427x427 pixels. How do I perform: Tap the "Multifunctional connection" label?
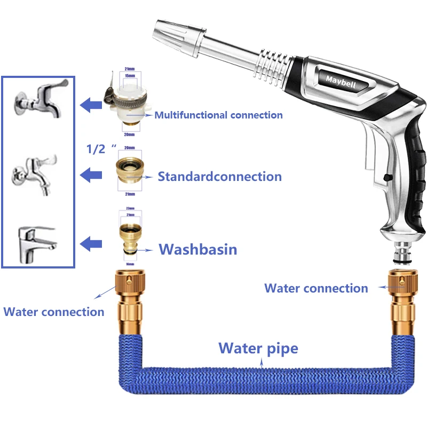[218, 115]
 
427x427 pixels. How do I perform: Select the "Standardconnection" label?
[219, 176]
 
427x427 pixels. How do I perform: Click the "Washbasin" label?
[197, 249]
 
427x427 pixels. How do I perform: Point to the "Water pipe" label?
[258, 349]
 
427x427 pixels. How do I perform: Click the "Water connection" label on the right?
[316, 288]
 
